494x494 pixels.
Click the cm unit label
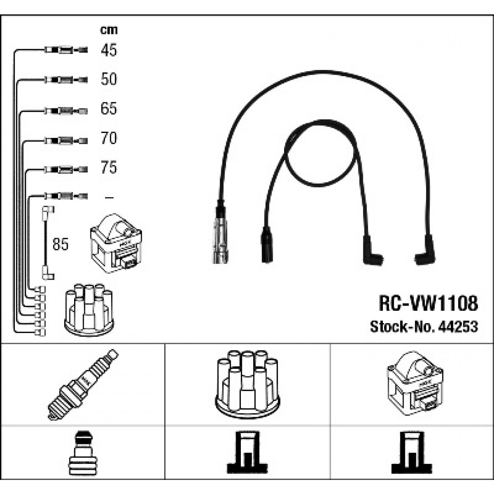click(x=109, y=30)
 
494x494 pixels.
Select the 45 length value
click(x=109, y=50)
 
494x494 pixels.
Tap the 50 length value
click(x=109, y=79)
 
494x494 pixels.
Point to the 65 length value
click(x=109, y=108)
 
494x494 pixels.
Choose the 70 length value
click(x=109, y=138)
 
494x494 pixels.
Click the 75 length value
click(x=109, y=167)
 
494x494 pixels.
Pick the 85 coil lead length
click(x=60, y=244)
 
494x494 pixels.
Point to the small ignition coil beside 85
click(x=116, y=243)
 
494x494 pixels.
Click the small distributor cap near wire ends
click(x=89, y=310)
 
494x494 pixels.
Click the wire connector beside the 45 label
click(x=66, y=50)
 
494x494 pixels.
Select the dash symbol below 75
click(x=109, y=197)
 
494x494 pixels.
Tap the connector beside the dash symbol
click(x=66, y=197)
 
